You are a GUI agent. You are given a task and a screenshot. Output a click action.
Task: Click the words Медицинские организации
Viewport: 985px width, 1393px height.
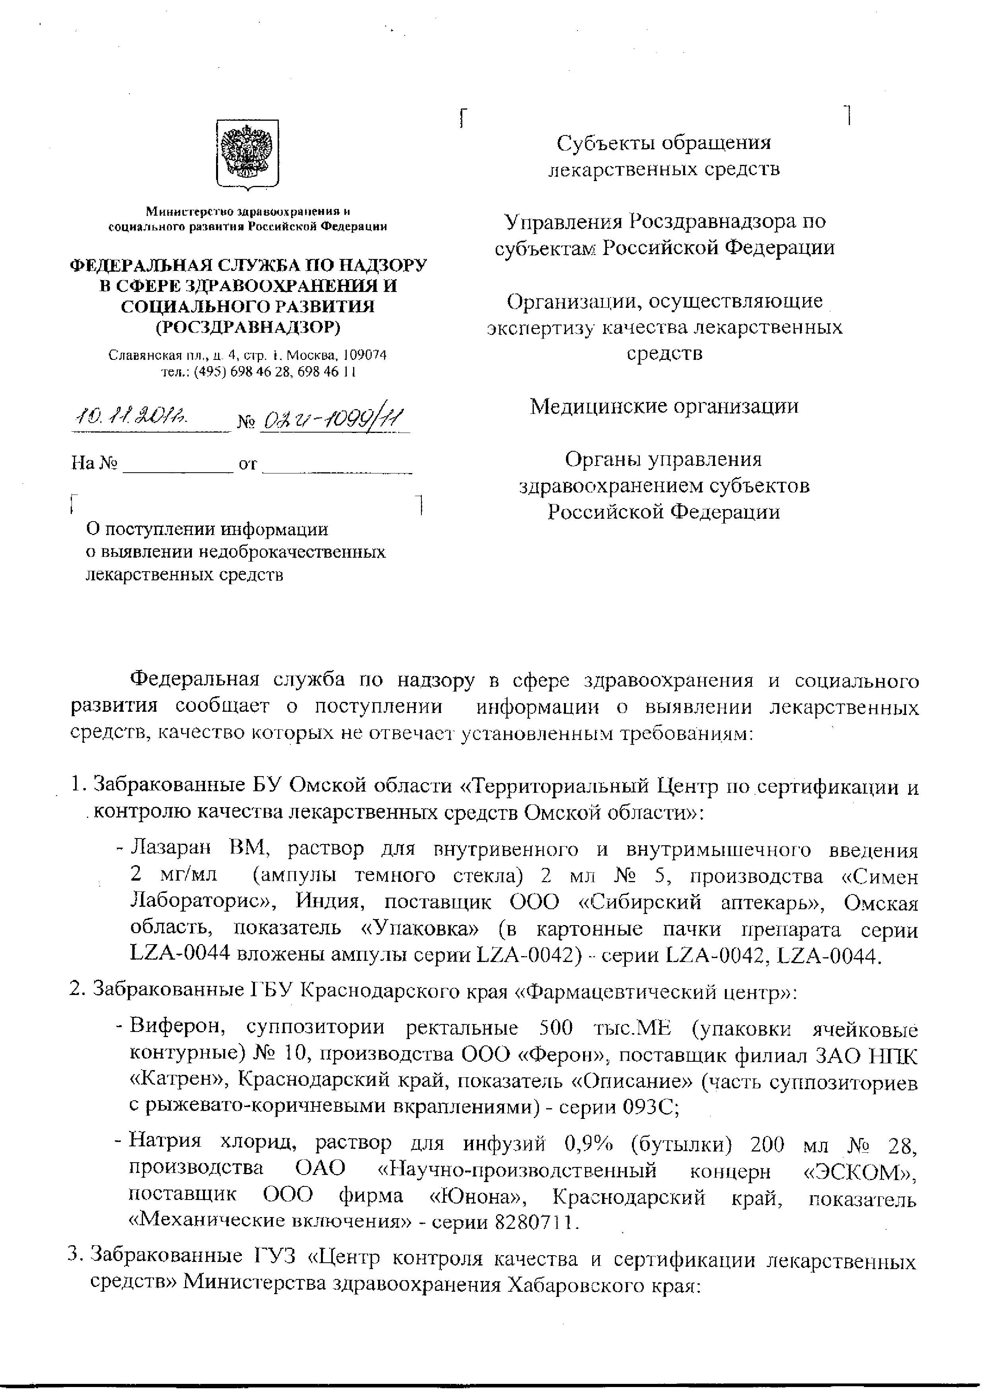pyautogui.click(x=664, y=406)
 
